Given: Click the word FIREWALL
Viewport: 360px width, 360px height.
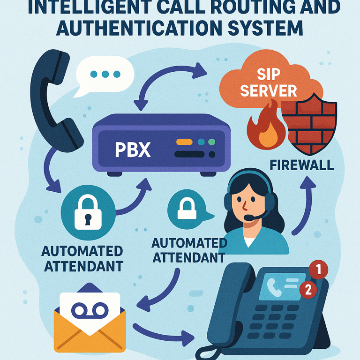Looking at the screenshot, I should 302,165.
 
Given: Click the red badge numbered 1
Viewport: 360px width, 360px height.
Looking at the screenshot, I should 319,270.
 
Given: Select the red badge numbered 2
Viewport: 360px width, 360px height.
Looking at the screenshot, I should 308,290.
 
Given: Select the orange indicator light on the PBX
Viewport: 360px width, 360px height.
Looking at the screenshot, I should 184,142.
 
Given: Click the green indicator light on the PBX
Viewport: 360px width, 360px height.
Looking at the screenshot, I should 211,142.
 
